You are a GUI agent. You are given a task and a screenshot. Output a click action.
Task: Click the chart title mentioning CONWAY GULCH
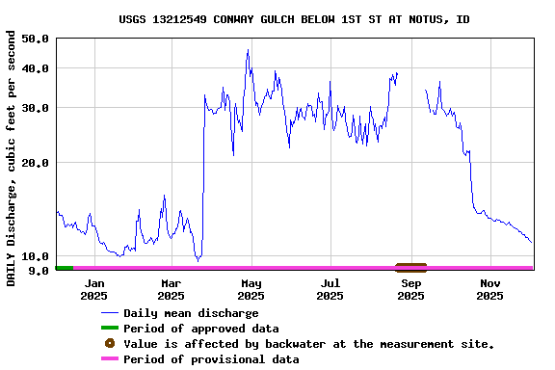tap(295, 19)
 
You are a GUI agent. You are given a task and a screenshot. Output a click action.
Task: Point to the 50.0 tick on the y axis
tap(35, 39)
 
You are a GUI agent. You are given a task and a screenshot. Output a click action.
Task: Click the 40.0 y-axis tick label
tap(35, 68)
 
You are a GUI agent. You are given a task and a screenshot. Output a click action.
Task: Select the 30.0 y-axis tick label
tap(35, 108)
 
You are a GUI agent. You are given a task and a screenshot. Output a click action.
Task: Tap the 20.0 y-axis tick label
tap(35, 163)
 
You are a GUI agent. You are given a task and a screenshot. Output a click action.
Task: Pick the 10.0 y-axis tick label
tap(35, 256)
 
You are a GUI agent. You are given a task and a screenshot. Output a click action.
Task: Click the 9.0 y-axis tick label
tap(39, 271)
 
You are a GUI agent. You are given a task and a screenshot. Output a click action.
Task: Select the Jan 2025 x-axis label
tap(94, 289)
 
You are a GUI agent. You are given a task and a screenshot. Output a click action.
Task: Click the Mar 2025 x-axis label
tap(172, 289)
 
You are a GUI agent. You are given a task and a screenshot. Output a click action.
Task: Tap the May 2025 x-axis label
tap(251, 289)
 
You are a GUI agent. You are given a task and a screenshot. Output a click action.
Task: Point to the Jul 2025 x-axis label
tap(330, 289)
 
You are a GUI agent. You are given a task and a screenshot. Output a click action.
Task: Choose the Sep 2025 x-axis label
tap(411, 289)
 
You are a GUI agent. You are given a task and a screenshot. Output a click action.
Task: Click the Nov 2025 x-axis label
tap(490, 289)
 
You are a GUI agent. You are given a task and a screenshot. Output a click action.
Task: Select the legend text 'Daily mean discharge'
tap(191, 313)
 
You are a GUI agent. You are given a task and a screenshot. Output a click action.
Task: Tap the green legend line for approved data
tap(109, 329)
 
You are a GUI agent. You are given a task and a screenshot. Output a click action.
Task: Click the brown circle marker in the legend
tap(109, 344)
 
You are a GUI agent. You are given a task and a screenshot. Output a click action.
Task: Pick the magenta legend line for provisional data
tap(109, 359)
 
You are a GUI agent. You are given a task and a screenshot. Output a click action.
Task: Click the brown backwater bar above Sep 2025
tap(410, 267)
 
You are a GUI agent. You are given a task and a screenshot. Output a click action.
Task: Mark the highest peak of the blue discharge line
tap(248, 50)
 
